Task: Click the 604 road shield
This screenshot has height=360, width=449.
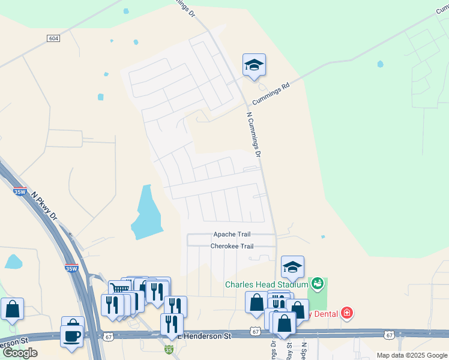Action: [53, 38]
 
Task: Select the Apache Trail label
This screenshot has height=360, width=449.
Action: [232, 234]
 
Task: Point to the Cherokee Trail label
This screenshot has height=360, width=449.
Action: [232, 246]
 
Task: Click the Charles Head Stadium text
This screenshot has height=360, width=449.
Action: [267, 284]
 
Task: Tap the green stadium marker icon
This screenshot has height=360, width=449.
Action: [317, 283]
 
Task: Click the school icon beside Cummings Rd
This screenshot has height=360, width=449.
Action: [254, 65]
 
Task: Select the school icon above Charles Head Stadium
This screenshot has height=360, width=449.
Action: [292, 266]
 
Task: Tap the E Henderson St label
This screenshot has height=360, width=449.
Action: [206, 337]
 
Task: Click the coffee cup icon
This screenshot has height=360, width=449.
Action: [72, 336]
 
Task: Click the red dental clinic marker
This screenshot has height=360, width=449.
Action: [346, 313]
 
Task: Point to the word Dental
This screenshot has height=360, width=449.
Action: [325, 313]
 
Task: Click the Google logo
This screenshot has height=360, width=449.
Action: [20, 353]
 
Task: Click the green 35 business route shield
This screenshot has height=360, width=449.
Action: [169, 349]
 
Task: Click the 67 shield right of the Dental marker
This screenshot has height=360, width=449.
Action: [389, 334]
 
